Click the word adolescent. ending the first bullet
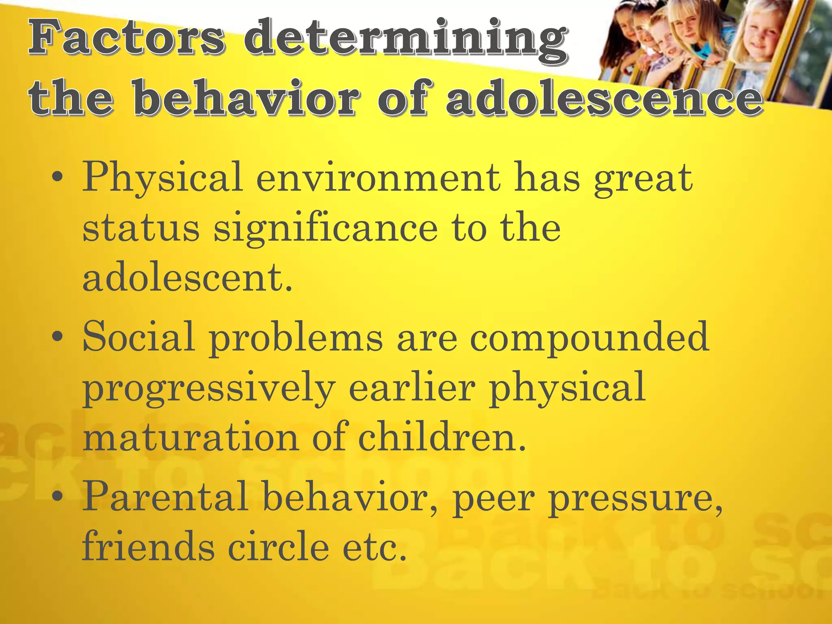pyautogui.click(x=187, y=278)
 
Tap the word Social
pyautogui.click(x=139, y=337)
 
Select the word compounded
pyautogui.click(x=589, y=337)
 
